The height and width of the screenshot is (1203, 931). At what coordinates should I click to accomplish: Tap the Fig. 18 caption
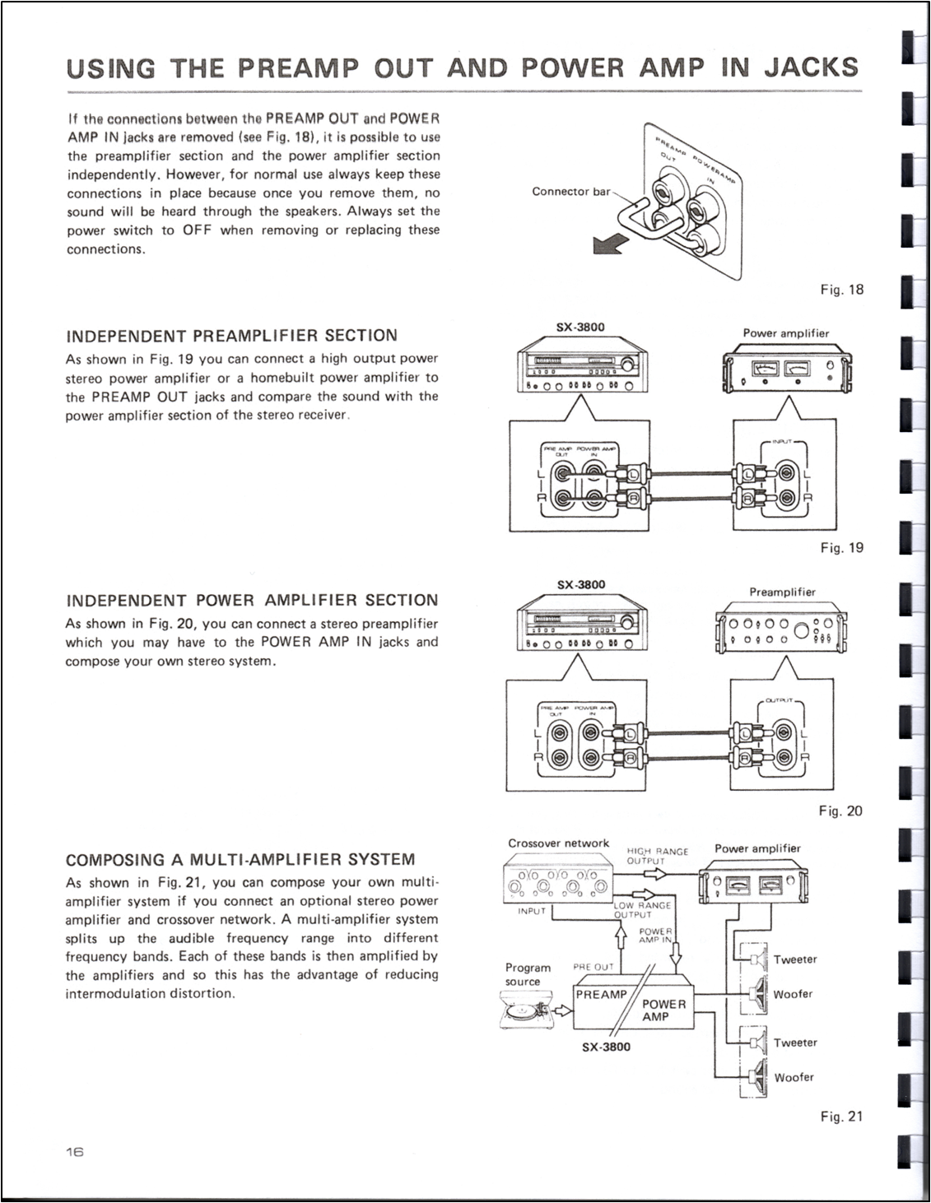tap(841, 290)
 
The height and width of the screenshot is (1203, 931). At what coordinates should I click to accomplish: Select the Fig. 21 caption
tap(841, 1117)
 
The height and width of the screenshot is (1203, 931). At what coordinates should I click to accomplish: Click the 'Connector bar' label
tap(571, 192)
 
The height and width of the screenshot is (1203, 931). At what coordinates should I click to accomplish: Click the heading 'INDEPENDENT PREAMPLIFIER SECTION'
tap(231, 336)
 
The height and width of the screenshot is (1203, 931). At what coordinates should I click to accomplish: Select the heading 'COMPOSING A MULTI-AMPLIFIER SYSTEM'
tap(240, 860)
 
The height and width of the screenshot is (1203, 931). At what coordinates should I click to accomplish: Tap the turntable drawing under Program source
tap(527, 1010)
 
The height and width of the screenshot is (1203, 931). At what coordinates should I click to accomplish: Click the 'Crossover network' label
tap(558, 843)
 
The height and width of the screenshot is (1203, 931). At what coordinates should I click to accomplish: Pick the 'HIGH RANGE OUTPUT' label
tap(657, 857)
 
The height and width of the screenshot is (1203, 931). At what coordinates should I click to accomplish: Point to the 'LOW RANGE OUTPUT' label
tap(643, 909)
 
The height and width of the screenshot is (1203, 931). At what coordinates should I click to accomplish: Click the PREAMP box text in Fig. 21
tap(601, 995)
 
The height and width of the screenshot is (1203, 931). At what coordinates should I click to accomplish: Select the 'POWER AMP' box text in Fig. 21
tap(663, 1010)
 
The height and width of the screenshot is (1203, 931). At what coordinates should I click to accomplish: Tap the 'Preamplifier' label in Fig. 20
tap(782, 592)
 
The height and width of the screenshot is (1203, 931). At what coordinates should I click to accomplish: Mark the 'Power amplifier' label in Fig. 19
tap(786, 333)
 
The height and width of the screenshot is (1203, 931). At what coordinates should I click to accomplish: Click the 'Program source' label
tap(528, 974)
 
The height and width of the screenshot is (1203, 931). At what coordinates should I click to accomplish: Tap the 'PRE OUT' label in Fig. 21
tap(593, 967)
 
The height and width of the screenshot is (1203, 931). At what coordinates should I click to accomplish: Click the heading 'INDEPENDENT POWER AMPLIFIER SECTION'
tap(252, 601)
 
